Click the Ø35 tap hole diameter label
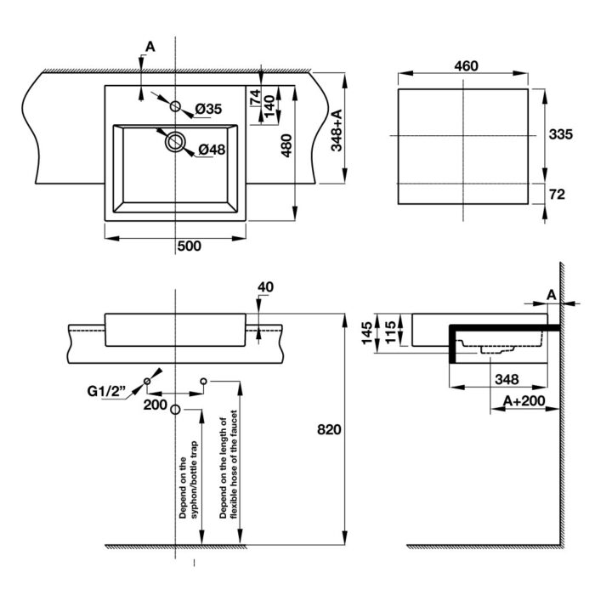[x=207, y=109]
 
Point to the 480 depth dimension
[x=286, y=148]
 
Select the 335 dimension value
[x=558, y=134]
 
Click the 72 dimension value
[x=558, y=195]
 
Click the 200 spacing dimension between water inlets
[x=155, y=405]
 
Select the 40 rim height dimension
[x=264, y=286]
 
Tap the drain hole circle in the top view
[x=175, y=141]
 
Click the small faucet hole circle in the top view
[x=175, y=106]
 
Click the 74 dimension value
[x=254, y=97]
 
